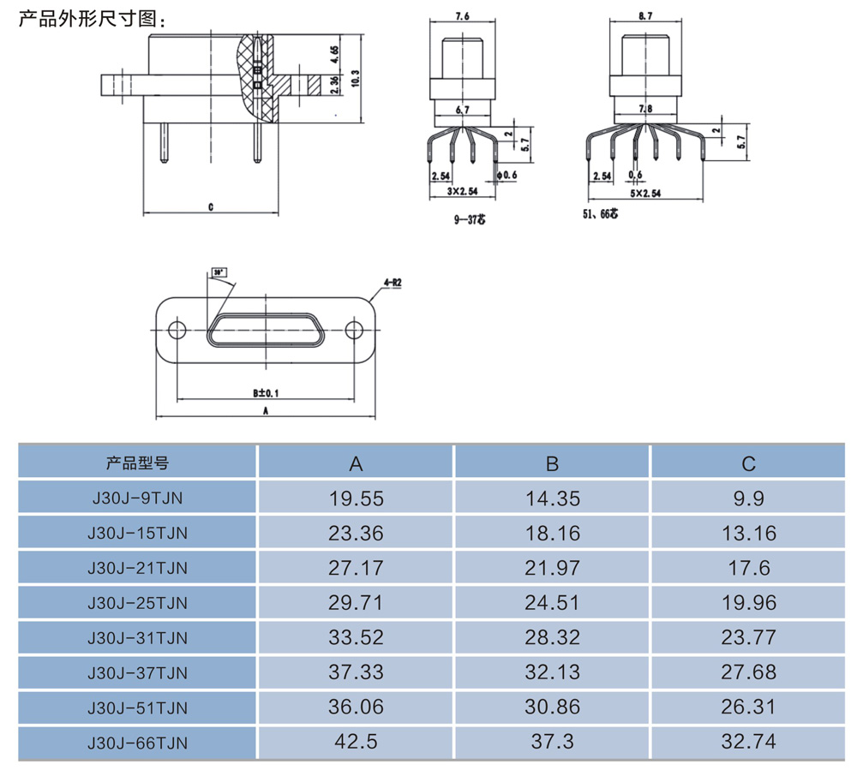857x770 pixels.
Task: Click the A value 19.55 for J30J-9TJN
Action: point(357,498)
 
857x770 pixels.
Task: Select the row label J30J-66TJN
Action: point(137,743)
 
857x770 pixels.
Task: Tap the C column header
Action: point(748,463)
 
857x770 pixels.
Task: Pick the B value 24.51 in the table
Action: point(552,603)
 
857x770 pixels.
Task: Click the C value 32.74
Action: point(748,743)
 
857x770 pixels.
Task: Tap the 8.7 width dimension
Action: point(644,15)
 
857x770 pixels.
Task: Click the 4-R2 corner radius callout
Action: point(393,281)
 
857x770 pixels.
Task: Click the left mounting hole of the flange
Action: point(177,330)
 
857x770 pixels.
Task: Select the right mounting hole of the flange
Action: point(353,330)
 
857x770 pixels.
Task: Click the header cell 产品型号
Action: point(137,463)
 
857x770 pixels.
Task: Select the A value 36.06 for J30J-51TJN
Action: point(357,707)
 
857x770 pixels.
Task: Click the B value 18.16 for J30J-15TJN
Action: point(552,534)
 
